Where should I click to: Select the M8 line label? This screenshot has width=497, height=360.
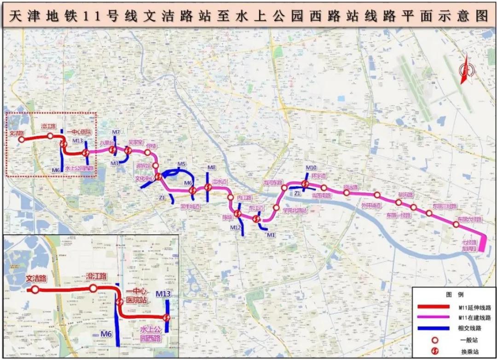coord(212,168)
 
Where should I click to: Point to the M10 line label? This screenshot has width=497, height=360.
coord(311,168)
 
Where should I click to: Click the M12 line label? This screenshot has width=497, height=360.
coord(236,227)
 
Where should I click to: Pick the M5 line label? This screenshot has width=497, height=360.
coord(181,164)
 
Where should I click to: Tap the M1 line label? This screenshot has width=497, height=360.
coord(271,235)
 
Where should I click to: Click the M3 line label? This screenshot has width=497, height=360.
coord(115,163)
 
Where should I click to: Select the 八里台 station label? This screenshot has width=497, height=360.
coord(107,143)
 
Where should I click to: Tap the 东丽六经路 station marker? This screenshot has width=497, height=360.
coord(456,224)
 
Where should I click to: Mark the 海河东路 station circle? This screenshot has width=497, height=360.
coord(284,188)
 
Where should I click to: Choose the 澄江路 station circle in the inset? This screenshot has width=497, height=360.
coord(93,289)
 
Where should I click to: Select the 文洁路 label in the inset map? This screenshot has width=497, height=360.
coord(36,279)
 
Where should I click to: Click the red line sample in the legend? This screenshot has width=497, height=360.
coord(436,307)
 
